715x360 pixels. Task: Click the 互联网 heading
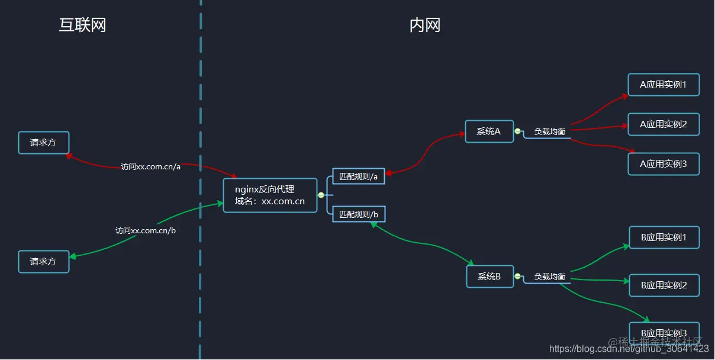coord(82,25)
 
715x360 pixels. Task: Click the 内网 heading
coord(425,25)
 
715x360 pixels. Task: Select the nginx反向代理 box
coord(270,195)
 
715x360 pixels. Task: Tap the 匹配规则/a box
coord(359,176)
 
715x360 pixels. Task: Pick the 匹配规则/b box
coord(359,214)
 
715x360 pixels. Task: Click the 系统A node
coord(489,131)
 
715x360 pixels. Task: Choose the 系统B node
coord(489,276)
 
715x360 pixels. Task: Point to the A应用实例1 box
coord(664,85)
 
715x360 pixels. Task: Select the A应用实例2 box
coord(664,124)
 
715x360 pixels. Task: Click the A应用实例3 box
coord(664,164)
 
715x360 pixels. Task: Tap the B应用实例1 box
coord(664,237)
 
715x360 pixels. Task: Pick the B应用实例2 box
coord(664,285)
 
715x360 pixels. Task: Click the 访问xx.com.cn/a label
coord(150,166)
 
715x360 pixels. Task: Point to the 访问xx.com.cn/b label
coord(146,230)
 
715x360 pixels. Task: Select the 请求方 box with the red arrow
coord(44,143)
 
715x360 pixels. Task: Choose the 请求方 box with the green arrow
coord(44,261)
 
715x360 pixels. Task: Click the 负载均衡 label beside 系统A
coord(550,131)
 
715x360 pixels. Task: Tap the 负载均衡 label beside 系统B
coord(550,277)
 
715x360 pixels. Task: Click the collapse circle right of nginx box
coord(321,195)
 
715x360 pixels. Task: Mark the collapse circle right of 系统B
coord(517,276)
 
